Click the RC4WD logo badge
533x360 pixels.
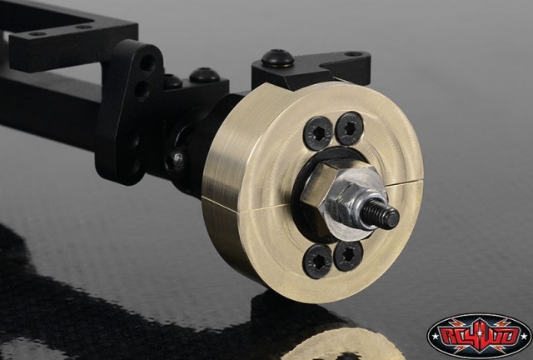(478, 335)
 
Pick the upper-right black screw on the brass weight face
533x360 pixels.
(349, 127)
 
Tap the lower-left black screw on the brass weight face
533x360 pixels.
(317, 260)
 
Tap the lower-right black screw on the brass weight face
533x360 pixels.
(348, 254)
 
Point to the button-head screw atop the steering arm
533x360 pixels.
(277, 59)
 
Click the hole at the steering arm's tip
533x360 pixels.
(356, 55)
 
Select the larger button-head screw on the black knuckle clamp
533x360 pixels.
(204, 76)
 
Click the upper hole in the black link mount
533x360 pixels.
(147, 62)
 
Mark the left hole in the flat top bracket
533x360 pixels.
(37, 34)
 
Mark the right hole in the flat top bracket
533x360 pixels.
(83, 27)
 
